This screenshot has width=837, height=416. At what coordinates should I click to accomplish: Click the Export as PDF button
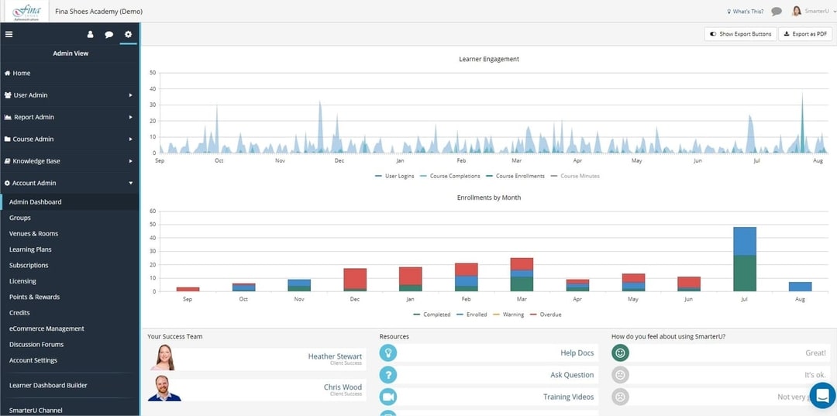pyautogui.click(x=805, y=34)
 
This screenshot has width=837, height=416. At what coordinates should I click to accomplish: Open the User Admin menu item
pyautogui.click(x=30, y=95)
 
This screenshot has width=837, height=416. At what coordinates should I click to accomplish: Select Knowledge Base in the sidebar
pyautogui.click(x=36, y=161)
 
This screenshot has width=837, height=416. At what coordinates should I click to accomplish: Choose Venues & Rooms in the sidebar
pyautogui.click(x=33, y=233)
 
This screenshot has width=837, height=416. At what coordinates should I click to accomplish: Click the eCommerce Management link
pyautogui.click(x=46, y=328)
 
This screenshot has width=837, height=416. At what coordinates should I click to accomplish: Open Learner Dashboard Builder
pyautogui.click(x=48, y=385)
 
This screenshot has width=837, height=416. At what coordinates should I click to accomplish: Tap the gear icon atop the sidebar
pyautogui.click(x=128, y=34)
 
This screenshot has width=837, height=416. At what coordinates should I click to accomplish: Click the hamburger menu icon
pyautogui.click(x=9, y=34)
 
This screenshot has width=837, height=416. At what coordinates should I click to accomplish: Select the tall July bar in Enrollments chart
pyautogui.click(x=745, y=259)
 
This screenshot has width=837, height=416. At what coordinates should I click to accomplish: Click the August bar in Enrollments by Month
pyautogui.click(x=800, y=287)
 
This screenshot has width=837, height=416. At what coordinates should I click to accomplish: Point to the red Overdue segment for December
pyautogui.click(x=355, y=278)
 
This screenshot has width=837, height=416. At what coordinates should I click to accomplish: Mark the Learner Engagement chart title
pyautogui.click(x=489, y=59)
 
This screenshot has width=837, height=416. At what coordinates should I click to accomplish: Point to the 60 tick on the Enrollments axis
pyautogui.click(x=153, y=211)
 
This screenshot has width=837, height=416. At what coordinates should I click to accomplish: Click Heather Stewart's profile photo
pyautogui.click(x=164, y=357)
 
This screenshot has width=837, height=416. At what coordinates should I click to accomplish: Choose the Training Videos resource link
pyautogui.click(x=568, y=397)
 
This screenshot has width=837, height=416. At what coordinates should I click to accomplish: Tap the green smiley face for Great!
pyautogui.click(x=619, y=353)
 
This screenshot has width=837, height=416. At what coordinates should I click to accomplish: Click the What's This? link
pyautogui.click(x=745, y=12)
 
